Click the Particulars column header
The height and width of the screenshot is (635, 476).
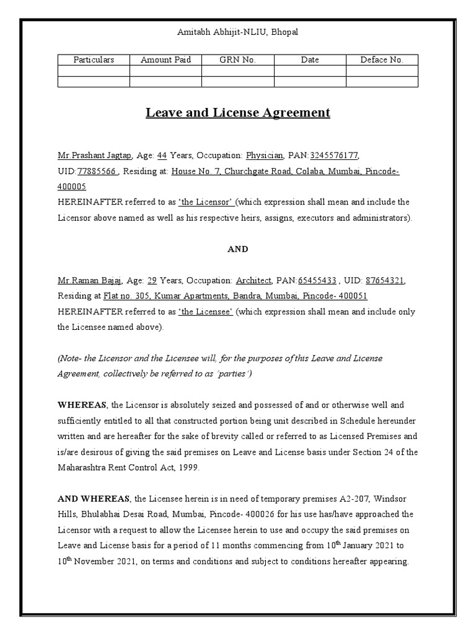click(x=94, y=60)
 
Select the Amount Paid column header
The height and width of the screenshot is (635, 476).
click(x=165, y=60)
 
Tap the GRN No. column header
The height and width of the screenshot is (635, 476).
click(x=237, y=60)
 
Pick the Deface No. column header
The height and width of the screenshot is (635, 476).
click(x=382, y=60)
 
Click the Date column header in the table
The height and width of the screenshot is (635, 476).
click(x=310, y=60)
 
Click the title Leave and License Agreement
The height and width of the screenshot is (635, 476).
click(x=238, y=113)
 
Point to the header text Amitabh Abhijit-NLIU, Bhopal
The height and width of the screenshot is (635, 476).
click(x=238, y=32)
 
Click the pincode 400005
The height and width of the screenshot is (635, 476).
click(x=72, y=187)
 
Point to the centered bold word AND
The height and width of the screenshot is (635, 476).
click(x=238, y=249)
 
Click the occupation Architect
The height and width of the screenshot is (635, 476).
click(x=253, y=280)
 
